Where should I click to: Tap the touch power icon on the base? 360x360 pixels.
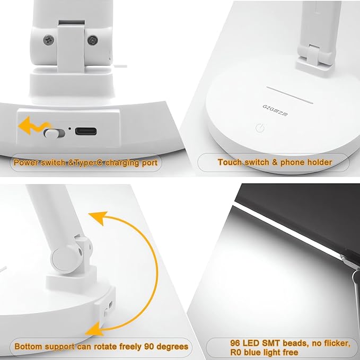coord(259,127)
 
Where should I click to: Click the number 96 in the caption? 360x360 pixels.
coord(237,344)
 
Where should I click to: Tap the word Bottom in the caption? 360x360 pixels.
coord(27,347)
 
